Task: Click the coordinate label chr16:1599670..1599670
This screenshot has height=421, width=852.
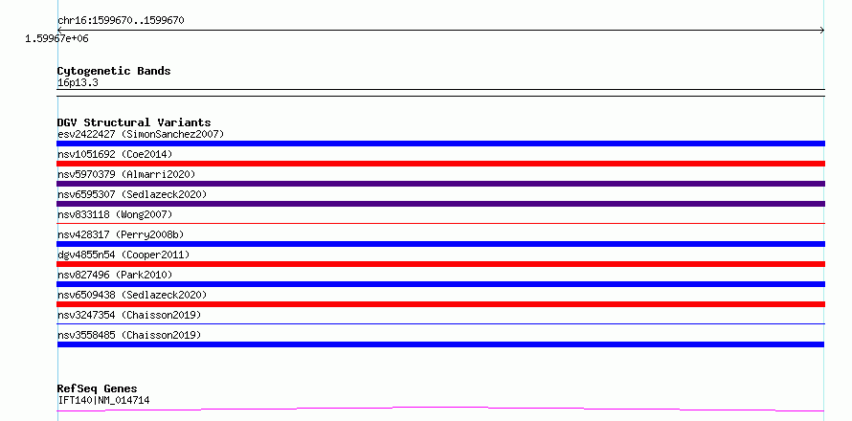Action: (x=121, y=21)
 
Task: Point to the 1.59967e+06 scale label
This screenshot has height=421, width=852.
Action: (x=56, y=39)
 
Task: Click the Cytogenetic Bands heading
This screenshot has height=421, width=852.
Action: (x=114, y=71)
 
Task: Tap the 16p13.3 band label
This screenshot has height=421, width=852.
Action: (x=78, y=83)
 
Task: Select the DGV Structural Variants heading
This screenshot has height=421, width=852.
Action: (x=134, y=122)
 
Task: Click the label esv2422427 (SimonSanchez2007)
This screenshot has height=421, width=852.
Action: (x=141, y=134)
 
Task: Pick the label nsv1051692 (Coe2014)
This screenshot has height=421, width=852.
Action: (x=115, y=154)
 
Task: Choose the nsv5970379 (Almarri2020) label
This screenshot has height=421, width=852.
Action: (x=126, y=174)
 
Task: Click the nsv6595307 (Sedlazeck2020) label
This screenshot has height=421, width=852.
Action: (x=132, y=194)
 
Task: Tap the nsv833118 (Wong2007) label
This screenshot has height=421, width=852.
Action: (x=115, y=214)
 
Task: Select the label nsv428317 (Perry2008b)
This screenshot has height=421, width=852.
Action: (x=121, y=234)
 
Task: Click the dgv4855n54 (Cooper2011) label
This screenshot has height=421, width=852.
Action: (x=123, y=255)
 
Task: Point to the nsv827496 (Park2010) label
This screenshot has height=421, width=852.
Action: (x=115, y=275)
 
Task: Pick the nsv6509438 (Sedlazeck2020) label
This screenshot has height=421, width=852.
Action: (x=132, y=295)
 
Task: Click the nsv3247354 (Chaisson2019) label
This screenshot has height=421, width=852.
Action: (x=129, y=315)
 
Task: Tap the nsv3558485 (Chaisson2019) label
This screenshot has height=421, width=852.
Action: (x=129, y=335)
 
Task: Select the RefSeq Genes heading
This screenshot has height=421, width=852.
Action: (x=97, y=389)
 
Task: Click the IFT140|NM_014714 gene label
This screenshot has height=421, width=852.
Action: (x=103, y=401)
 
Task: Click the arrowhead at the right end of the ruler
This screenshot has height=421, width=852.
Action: (x=823, y=31)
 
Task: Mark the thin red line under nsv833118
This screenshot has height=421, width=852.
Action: (x=440, y=223)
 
